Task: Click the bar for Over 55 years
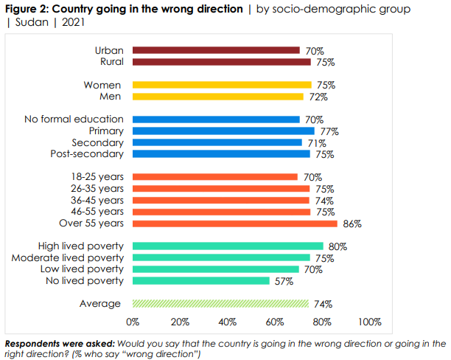coord(234,224)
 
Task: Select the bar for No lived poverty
coord(200,281)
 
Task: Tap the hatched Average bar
coord(220,303)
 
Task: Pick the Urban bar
coord(216,50)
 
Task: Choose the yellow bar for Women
coord(222,85)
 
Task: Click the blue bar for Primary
coord(224,131)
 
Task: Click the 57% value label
coord(284,281)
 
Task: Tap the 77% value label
coord(329,131)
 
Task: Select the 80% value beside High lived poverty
coord(336,246)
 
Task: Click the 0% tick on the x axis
coord(133,322)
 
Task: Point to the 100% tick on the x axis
coord(369,322)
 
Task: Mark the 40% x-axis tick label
coord(227,322)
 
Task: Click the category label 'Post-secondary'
coord(87,154)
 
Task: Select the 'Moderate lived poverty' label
coord(68,258)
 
